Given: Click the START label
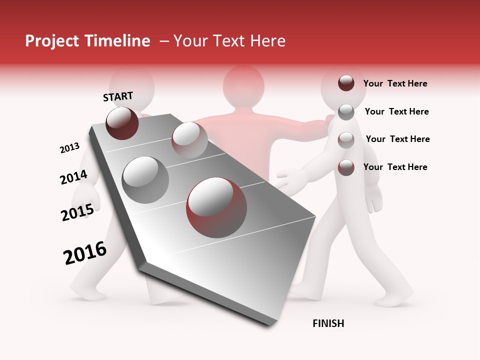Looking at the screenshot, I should click(118, 96).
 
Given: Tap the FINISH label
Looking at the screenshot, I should click(328, 323).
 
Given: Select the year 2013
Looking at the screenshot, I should click(69, 148).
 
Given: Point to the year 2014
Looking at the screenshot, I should click(73, 177).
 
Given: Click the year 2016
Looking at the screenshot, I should click(85, 253).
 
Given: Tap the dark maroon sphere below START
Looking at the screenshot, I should click(122, 123).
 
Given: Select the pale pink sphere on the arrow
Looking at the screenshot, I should click(189, 140).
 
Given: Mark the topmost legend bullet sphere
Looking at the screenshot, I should click(346, 83).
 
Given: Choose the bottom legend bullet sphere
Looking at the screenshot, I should click(346, 167).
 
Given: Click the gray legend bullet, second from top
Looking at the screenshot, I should click(346, 112).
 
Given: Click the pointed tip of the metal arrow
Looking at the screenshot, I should click(270, 324).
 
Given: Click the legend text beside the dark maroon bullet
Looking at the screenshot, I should click(395, 83).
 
